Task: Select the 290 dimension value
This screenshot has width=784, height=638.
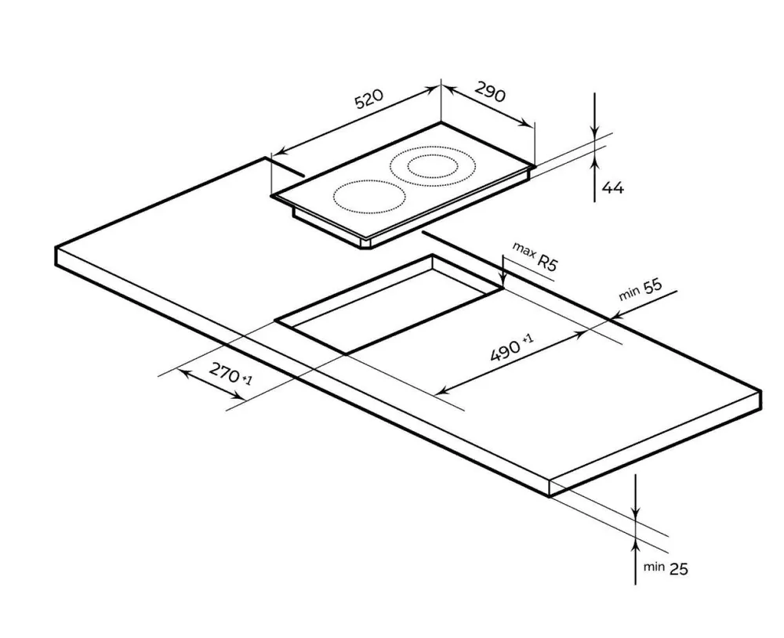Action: click(489, 92)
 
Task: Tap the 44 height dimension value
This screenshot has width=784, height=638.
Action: click(613, 188)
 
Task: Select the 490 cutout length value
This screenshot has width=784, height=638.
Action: click(505, 350)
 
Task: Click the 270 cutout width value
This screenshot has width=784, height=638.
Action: click(224, 372)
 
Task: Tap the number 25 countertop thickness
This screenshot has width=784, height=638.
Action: click(678, 568)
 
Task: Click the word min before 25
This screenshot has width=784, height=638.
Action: click(654, 567)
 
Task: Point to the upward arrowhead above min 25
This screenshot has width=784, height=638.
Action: click(636, 543)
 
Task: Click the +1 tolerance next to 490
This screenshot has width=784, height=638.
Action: click(528, 339)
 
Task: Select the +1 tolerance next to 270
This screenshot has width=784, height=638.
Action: click(246, 380)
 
